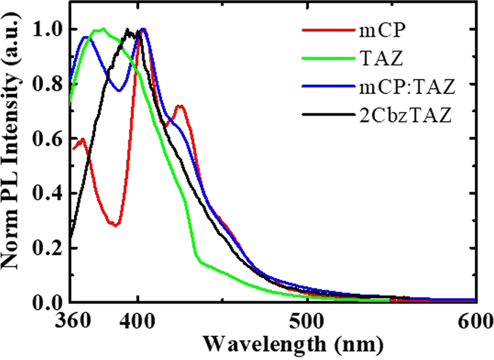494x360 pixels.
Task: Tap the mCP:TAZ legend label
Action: [406, 87]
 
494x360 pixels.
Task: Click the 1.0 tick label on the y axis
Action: [48, 29]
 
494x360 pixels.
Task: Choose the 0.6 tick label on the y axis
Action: [48, 139]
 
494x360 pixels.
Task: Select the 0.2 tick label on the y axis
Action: [48, 248]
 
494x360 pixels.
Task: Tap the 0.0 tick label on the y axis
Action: [48, 302]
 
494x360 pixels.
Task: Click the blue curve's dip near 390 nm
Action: [118, 91]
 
